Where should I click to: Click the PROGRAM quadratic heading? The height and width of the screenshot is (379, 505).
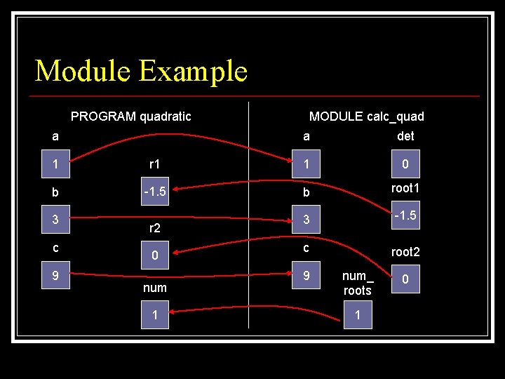[131, 116]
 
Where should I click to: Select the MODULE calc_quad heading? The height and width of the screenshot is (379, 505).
[367, 117]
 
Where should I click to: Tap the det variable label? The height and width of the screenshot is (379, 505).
[405, 136]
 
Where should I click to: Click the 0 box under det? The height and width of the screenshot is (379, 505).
[405, 164]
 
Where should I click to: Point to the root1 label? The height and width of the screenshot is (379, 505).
[405, 187]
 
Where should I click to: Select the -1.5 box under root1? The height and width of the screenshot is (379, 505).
[405, 215]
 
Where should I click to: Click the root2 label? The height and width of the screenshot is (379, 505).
[405, 251]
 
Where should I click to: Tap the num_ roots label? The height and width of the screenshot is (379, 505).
[358, 283]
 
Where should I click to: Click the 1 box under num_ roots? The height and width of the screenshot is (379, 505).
[358, 315]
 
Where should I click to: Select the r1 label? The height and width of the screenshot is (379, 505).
[155, 164]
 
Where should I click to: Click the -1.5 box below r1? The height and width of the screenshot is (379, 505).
[155, 192]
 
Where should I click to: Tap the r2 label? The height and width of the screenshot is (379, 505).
[155, 227]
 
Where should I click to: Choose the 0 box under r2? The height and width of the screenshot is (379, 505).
[155, 256]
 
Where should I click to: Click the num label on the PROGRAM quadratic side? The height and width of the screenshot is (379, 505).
[155, 288]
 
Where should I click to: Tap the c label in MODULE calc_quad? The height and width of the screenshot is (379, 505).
[306, 247]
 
